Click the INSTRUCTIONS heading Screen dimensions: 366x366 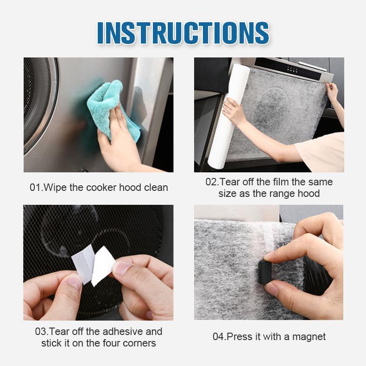[183, 33]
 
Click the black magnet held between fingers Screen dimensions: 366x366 [265, 272]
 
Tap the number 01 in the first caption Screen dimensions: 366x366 [35, 188]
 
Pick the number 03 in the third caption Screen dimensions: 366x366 [41, 332]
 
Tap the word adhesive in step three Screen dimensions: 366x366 [123, 331]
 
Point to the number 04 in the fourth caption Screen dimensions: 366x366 [218, 337]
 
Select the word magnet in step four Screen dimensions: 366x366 [309, 337]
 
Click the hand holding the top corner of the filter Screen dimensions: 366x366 [333, 94]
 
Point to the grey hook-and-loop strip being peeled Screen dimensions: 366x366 [82, 264]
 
